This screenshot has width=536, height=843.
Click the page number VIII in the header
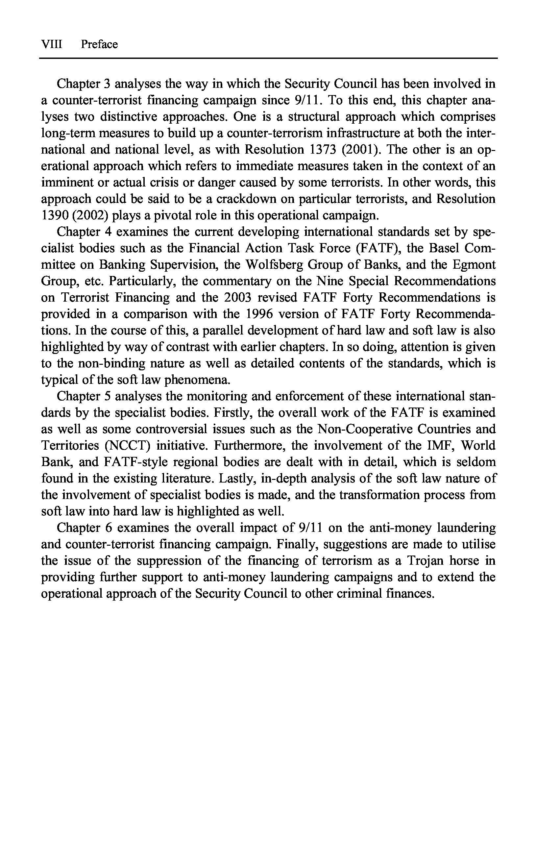[52, 44]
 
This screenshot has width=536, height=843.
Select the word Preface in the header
[99, 44]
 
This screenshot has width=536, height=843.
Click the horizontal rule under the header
[268, 58]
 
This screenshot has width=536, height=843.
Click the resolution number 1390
[54, 215]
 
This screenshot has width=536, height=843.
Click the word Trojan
[425, 561]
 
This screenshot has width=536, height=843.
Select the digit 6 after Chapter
[109, 528]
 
